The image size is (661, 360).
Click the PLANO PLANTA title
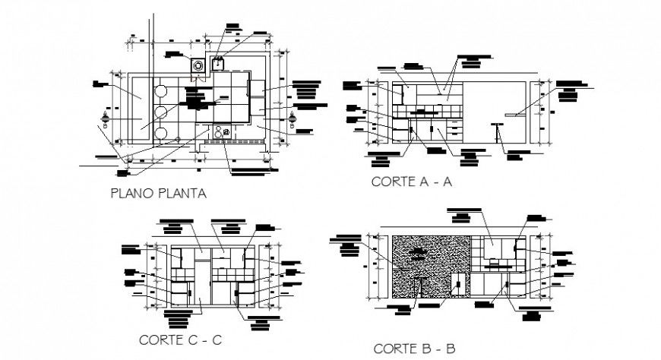tap(158, 194)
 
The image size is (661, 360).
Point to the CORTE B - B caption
tap(414, 349)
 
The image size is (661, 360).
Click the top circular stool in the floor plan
tap(161, 91)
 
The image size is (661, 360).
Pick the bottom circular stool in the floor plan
tap(161, 134)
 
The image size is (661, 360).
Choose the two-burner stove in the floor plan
tap(223, 132)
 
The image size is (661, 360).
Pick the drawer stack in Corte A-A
tap(455, 130)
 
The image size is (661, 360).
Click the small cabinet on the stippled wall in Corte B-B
tap(458, 284)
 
